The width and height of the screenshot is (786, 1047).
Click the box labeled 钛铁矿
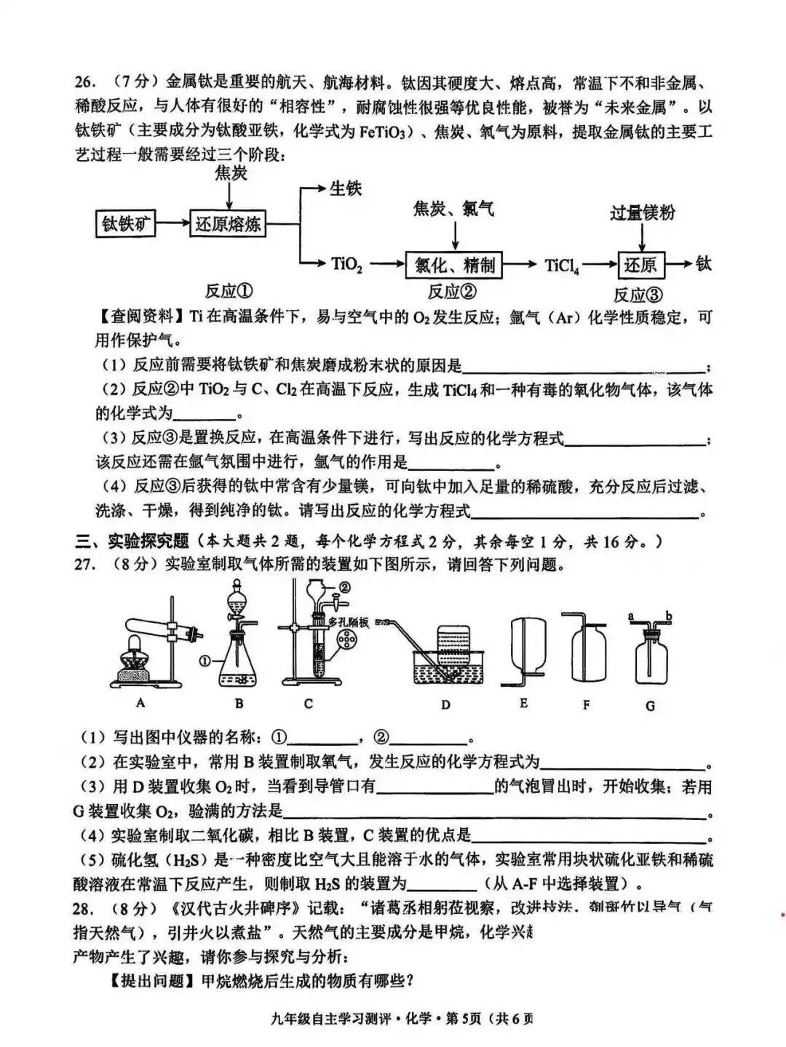pos(127,223)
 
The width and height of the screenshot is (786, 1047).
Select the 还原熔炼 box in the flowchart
pos(227,223)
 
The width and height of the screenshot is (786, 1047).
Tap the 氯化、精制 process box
pos(454,265)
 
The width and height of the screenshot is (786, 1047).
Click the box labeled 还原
pos(640,265)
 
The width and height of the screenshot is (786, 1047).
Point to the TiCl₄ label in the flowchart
pos(562,266)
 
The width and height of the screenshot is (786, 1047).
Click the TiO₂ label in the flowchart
pos(346,264)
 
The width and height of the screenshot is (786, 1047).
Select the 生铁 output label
pos(345,188)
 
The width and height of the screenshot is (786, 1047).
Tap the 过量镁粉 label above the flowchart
pos(642,212)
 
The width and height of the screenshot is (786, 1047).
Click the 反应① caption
pos(229,291)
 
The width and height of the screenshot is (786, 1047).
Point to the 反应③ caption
pos(638,295)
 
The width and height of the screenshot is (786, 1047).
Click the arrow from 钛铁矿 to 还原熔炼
pos(173,223)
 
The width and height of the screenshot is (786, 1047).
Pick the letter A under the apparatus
pos(140,703)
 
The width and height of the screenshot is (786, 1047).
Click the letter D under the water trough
pos(445,704)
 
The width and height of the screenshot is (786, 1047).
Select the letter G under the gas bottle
pos(650,705)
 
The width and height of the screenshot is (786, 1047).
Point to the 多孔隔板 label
pos(349,622)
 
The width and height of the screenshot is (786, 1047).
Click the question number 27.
pos(85,565)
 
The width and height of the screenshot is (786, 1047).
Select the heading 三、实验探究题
pos(132,541)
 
